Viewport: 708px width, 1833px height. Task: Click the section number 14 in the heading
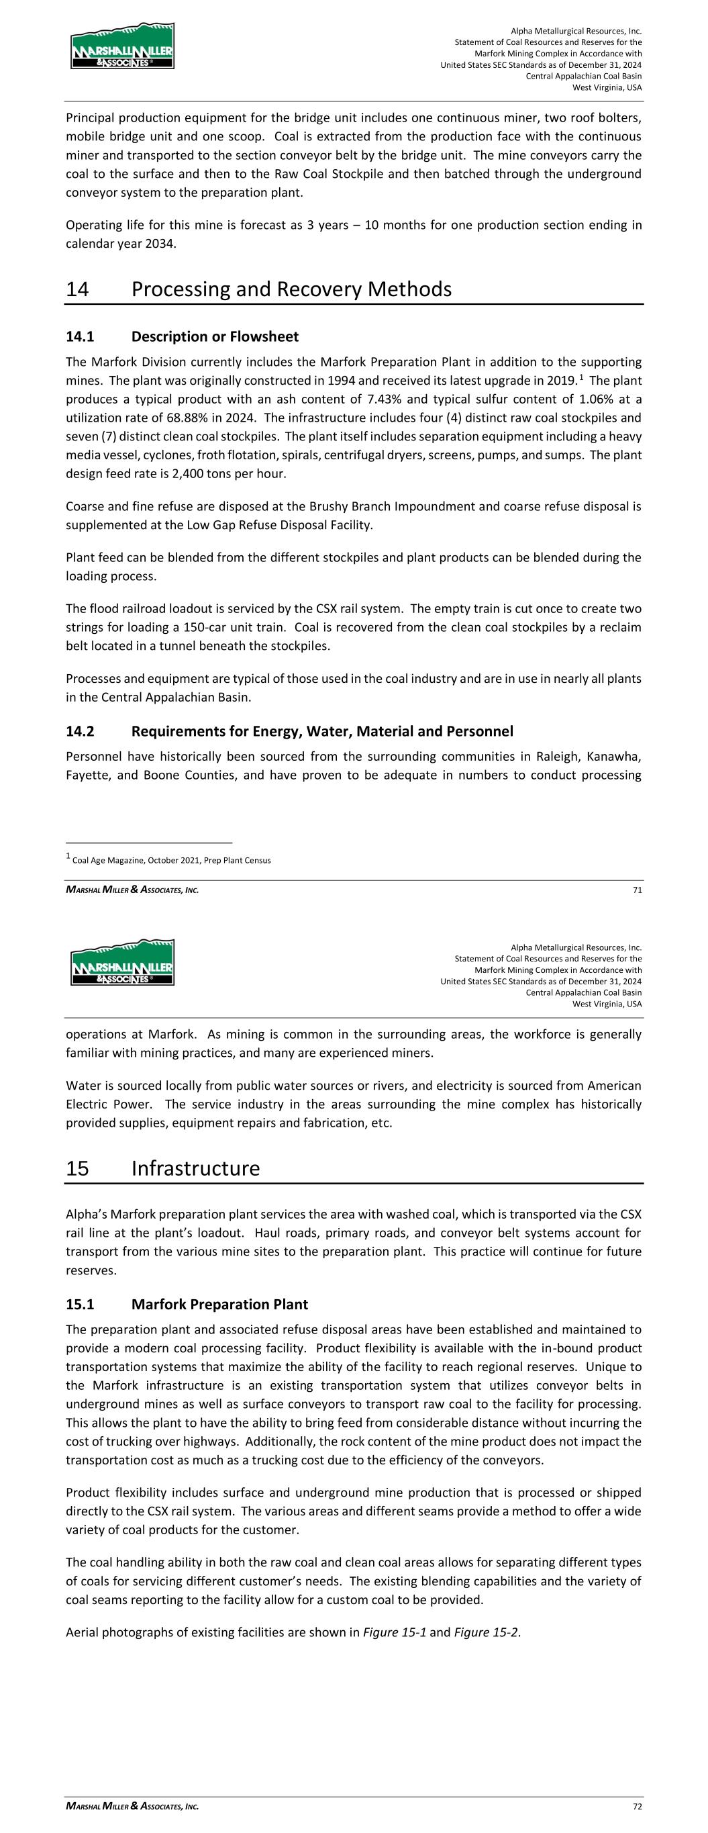click(77, 289)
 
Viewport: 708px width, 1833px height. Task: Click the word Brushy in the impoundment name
click(329, 507)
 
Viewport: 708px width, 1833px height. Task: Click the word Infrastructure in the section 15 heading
click(196, 1168)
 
